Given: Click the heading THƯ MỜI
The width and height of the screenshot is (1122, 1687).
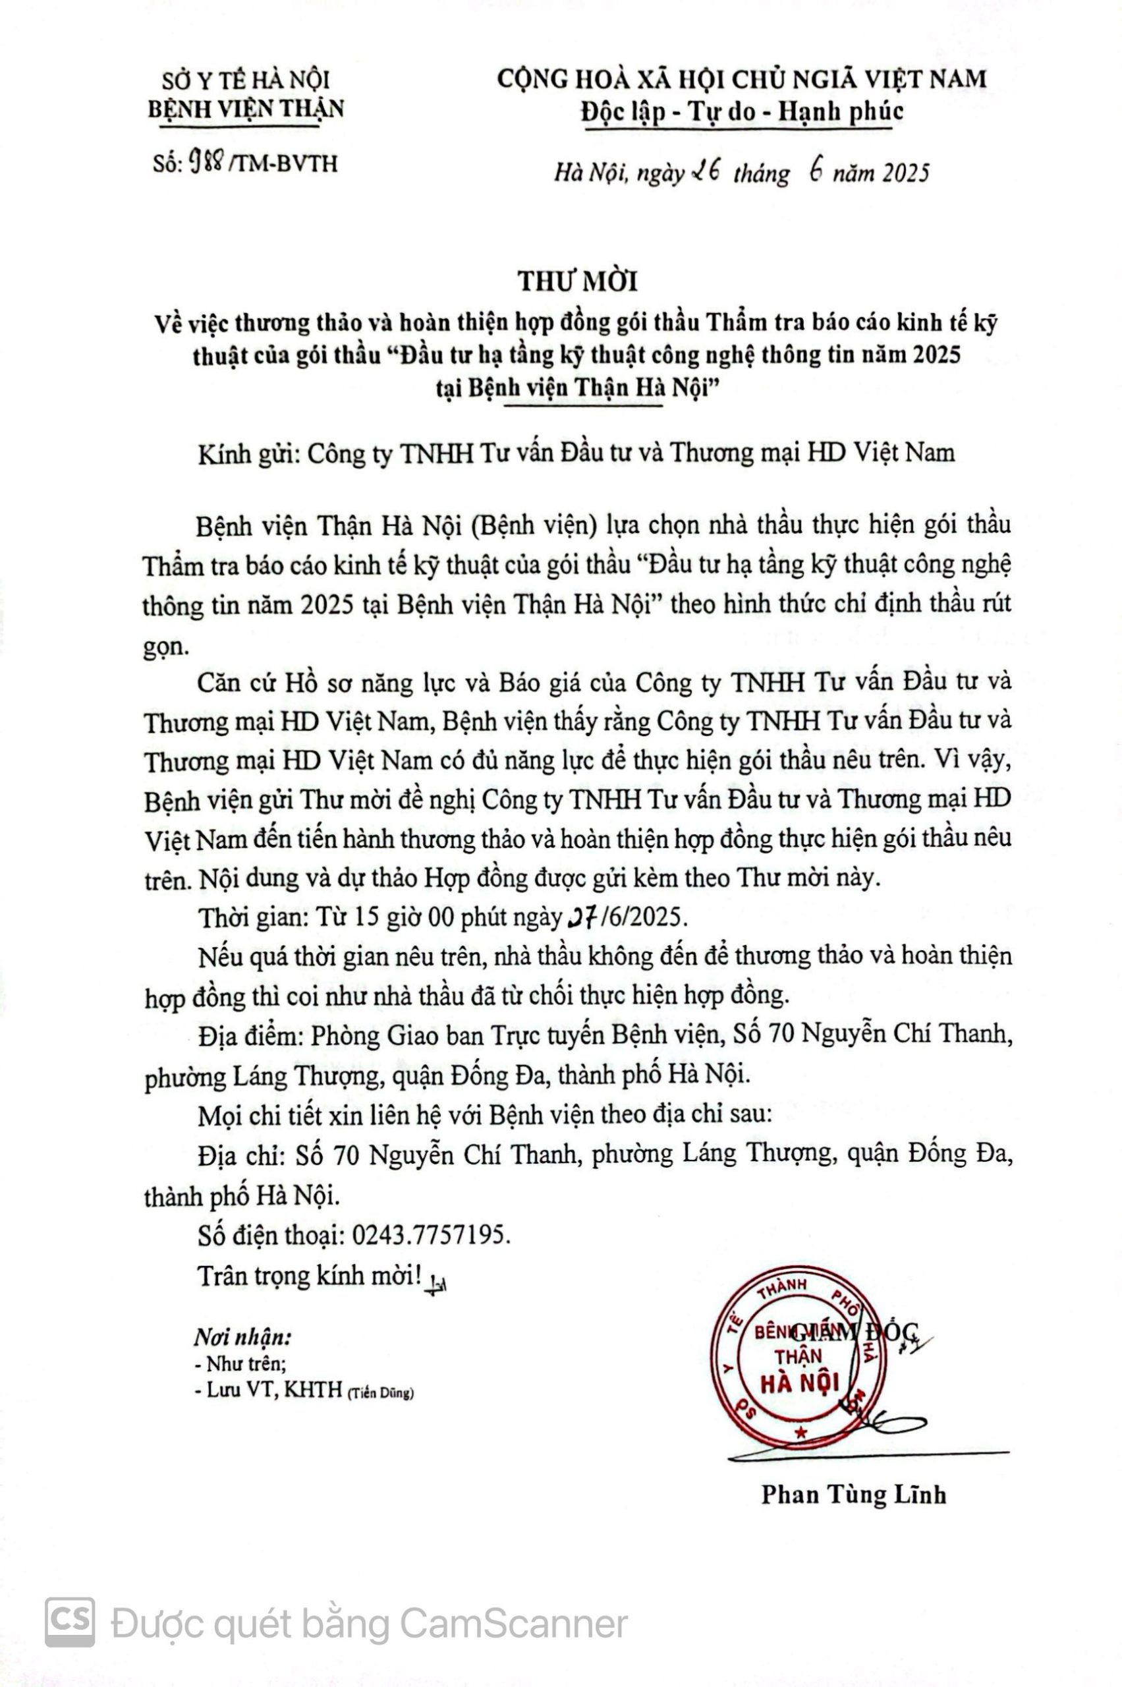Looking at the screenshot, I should [578, 282].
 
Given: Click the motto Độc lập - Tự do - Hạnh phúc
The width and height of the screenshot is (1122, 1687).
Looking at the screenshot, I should [741, 111].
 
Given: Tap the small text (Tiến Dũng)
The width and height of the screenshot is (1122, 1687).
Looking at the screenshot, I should [381, 1393].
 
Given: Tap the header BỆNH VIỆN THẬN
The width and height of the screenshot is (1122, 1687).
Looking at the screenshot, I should [246, 109].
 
